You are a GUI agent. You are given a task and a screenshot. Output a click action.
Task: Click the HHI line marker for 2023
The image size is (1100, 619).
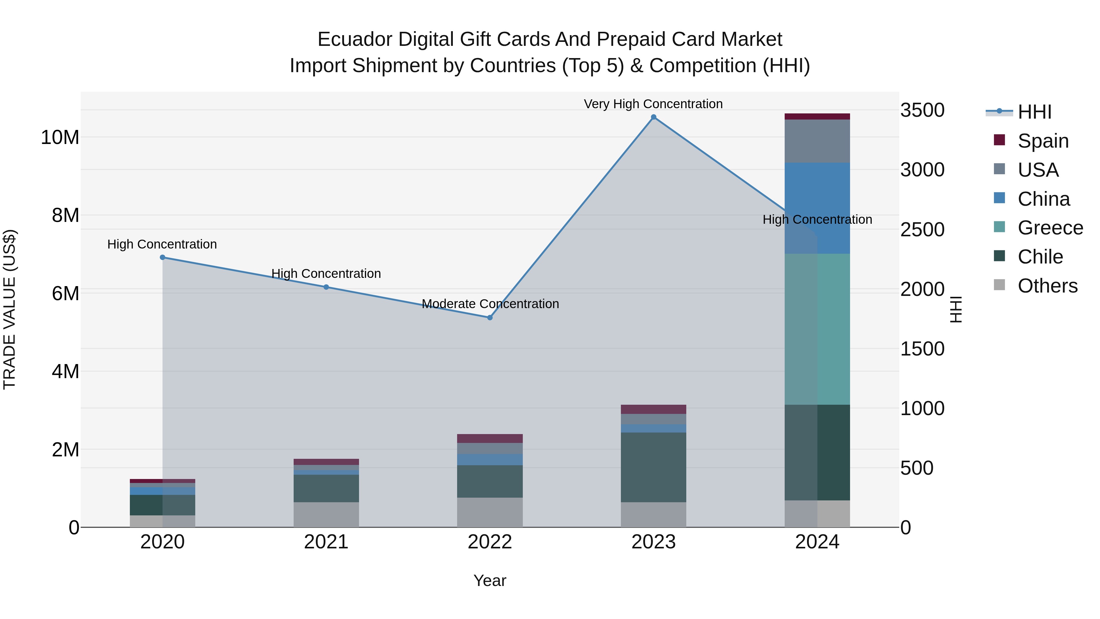653,117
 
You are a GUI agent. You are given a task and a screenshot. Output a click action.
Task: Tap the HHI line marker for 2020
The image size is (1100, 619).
162,257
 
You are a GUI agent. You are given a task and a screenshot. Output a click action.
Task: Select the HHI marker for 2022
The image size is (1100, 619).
490,317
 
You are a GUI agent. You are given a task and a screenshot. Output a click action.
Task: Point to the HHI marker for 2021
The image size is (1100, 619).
326,287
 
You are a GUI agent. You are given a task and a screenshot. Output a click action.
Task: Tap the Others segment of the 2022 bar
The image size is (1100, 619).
490,512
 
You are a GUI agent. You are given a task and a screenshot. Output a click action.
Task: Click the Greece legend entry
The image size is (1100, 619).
1050,228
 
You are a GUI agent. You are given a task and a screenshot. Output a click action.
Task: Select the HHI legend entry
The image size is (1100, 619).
1034,112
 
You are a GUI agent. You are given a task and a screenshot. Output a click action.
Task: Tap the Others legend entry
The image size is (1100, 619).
1047,286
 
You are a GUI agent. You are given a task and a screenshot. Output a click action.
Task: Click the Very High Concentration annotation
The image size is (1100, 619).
653,104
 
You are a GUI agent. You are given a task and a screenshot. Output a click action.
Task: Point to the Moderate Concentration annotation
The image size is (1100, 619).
490,304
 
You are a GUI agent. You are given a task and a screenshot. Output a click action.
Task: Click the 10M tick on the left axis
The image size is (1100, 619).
60,138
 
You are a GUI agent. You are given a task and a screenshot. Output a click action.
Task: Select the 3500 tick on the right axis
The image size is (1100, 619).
922,110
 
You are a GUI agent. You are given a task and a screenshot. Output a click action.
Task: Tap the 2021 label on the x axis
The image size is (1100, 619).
326,542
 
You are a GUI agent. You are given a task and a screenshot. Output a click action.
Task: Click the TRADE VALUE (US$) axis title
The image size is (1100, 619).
9,309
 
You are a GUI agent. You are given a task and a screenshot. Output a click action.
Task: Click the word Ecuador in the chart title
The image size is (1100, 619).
355,39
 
